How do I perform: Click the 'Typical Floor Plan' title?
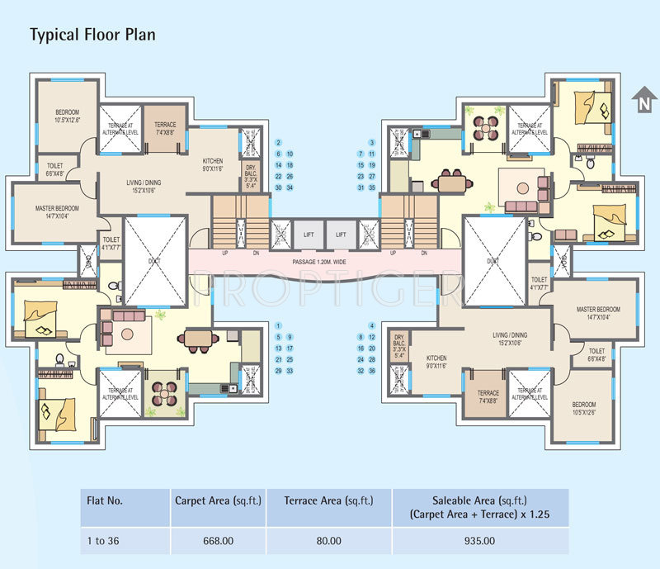(x=92, y=35)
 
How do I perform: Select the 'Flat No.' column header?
(x=105, y=500)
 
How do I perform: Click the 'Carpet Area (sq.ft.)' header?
(x=218, y=500)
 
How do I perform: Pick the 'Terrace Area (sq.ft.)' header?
(x=328, y=500)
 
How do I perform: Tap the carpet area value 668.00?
(x=218, y=541)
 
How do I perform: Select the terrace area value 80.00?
(x=328, y=541)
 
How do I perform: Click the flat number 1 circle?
(x=279, y=325)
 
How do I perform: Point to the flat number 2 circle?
(x=279, y=143)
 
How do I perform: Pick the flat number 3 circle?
(x=361, y=143)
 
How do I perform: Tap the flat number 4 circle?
(x=372, y=325)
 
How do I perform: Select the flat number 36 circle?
(x=372, y=371)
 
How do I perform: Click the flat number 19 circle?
(x=372, y=165)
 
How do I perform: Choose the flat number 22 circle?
(x=279, y=177)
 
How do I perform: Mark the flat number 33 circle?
(x=290, y=371)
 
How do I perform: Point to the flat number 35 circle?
(x=372, y=187)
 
